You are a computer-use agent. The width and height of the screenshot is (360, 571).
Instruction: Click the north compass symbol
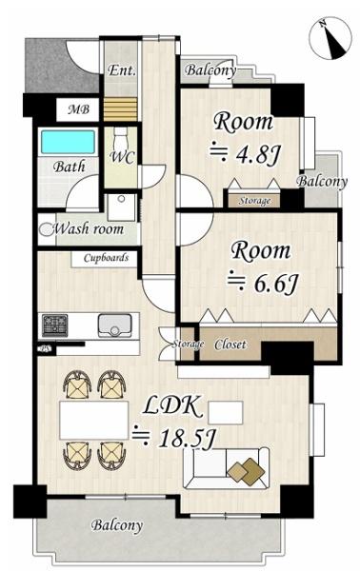330,38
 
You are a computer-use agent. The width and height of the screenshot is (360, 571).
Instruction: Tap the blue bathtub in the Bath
69,142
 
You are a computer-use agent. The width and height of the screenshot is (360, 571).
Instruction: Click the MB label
78,109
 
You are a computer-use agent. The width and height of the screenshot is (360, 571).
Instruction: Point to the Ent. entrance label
122,70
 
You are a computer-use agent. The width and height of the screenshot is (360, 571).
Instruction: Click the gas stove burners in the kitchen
55,325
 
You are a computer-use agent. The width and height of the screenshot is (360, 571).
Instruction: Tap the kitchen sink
115,325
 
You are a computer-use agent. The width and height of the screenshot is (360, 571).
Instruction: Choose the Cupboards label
106,258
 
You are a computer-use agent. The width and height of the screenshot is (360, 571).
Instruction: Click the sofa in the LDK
227,468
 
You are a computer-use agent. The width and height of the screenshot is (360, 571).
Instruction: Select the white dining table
94,420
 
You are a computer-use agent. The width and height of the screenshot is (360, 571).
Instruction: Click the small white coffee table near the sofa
226,413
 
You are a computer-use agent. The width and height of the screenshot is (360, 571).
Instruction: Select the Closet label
230,345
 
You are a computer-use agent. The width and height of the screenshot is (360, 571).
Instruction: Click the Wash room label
89,229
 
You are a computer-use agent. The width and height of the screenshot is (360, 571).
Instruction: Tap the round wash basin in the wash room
47,229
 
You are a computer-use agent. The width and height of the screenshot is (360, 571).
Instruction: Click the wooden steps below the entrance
120,108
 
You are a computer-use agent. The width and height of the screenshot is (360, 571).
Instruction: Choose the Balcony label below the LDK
116,525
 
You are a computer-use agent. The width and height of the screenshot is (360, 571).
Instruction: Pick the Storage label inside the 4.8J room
254,201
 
